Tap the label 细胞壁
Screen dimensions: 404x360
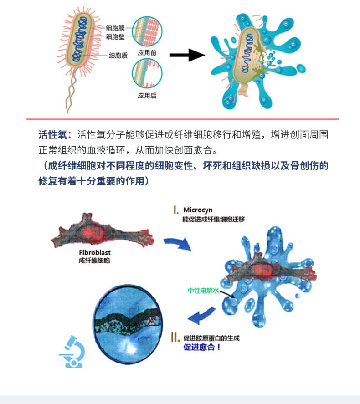coord(115,36)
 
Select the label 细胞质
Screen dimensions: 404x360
coord(118,56)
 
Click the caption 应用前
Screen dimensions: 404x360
coord(147,53)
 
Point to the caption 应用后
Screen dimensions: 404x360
coord(147,96)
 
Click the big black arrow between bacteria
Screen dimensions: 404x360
coord(186,56)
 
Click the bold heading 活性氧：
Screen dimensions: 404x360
coord(55,135)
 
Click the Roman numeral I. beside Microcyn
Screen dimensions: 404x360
coord(175,210)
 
